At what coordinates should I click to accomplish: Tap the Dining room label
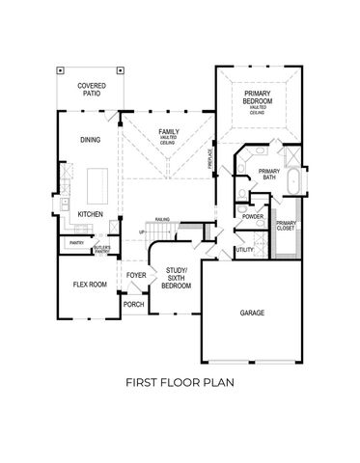91,140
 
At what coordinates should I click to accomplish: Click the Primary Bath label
267,175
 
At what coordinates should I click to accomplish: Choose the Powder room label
253,216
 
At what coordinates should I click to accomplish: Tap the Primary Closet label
286,227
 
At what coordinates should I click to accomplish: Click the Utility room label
245,249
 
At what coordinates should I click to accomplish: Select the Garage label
253,313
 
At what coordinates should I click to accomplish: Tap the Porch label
133,304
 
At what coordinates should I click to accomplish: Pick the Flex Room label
90,286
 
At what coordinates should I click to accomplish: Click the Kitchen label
91,214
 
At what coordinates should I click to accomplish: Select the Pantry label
75,242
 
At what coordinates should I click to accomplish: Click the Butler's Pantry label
102,249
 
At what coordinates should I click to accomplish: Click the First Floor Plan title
180,381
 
